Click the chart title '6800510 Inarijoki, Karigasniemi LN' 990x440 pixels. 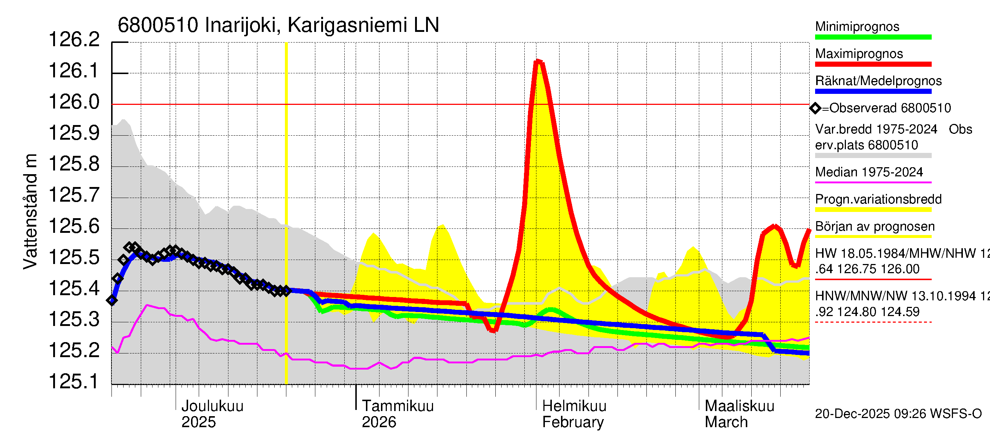click(278, 25)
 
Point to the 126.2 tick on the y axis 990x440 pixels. click(74, 40)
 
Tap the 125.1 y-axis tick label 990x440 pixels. click(74, 382)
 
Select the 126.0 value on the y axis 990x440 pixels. click(74, 102)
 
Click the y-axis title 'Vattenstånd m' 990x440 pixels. click(30, 211)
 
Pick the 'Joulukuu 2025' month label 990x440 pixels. click(212, 414)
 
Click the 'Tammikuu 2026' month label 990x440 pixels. click(397, 414)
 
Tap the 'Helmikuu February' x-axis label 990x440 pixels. click(574, 414)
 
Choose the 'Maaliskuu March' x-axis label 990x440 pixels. click(739, 414)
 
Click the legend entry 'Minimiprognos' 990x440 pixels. click(857, 26)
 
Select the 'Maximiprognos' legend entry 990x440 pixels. click(859, 54)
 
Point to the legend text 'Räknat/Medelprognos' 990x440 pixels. click(878, 81)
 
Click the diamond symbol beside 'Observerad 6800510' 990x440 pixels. click(815, 109)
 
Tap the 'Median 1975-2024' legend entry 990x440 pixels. click(869, 172)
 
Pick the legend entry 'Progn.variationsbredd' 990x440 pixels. click(878, 199)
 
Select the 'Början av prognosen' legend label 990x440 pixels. click(875, 227)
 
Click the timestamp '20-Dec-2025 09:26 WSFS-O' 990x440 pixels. click(898, 414)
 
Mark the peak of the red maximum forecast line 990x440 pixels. click(538, 61)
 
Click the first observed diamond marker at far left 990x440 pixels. click(112, 301)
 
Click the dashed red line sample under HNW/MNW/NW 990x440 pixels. click(873, 322)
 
